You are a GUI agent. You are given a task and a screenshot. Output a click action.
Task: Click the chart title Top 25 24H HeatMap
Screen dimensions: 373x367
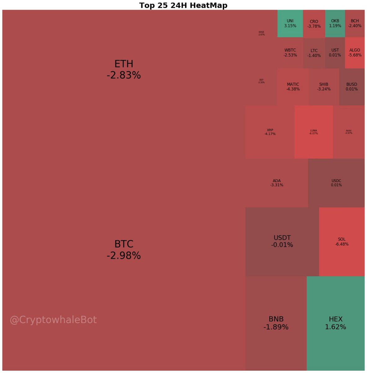point(183,5)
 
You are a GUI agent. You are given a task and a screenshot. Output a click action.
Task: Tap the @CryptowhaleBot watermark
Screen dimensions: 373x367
point(53,320)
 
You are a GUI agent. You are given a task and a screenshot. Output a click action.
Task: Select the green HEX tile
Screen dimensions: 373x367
point(335,323)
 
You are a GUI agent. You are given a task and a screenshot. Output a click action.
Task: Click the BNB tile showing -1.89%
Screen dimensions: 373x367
point(276,323)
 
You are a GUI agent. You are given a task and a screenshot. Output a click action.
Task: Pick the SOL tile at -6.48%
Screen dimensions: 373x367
point(342,242)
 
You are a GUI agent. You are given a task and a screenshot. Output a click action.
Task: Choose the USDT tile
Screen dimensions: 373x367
point(282,242)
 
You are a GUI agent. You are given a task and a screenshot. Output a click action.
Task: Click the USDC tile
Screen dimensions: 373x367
point(336,183)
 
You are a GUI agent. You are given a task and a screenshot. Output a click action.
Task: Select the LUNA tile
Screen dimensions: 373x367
point(313,132)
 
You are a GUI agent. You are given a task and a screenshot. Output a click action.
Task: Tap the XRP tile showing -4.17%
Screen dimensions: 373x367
point(270,132)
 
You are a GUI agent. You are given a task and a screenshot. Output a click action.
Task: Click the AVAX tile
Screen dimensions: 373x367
point(349,132)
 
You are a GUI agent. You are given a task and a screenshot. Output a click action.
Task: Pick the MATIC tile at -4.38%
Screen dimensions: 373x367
point(293,86)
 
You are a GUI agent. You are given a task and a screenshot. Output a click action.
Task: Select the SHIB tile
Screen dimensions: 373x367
point(324,86)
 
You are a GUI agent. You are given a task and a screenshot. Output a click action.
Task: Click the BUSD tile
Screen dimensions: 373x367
point(352,86)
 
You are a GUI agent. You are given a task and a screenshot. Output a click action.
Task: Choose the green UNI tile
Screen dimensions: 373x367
point(290,23)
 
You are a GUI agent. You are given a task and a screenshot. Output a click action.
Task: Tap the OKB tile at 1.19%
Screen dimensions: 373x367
point(335,23)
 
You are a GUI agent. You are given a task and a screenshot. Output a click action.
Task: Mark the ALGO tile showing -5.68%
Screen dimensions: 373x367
point(355,53)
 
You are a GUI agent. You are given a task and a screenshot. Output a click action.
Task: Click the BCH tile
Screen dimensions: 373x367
point(355,23)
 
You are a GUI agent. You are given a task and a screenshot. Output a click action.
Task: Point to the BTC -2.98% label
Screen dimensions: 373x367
point(123,250)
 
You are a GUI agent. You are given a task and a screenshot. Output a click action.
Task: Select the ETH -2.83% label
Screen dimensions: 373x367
point(123,69)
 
